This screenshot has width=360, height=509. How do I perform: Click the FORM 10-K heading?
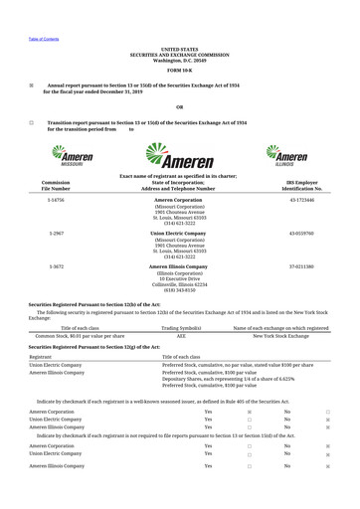pos(180,71)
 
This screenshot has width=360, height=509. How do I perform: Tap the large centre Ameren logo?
pos(180,156)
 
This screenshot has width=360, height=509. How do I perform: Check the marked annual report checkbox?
pos(31,85)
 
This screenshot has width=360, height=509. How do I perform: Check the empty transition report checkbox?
pos(31,123)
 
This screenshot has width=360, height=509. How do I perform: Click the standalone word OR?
pos(180,106)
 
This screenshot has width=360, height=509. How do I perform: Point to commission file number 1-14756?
pos(56,200)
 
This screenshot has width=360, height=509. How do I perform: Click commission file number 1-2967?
pos(56,234)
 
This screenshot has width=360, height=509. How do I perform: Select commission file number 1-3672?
pos(56,267)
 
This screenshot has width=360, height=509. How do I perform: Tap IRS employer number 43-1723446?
pos(301,200)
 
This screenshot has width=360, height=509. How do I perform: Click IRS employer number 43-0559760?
pos(301,234)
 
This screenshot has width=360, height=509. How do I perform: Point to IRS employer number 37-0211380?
pos(301,267)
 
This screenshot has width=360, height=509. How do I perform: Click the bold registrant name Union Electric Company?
pos(180,234)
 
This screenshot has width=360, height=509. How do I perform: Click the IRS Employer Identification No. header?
pos(301,186)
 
